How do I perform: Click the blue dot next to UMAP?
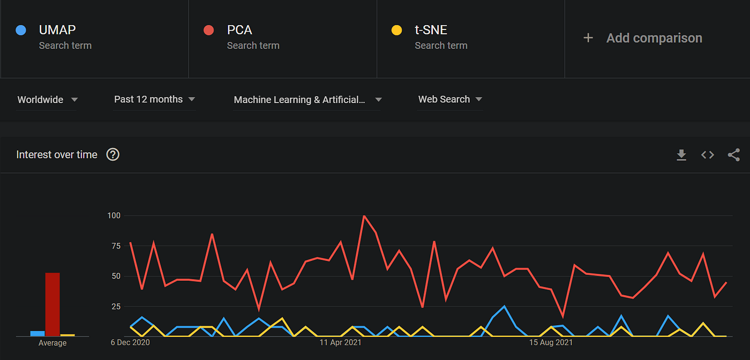(x=21, y=30)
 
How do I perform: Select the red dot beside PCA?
(x=209, y=30)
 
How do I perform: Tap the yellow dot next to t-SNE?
(x=397, y=30)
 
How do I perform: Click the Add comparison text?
(x=654, y=38)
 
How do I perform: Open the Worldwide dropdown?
(x=47, y=100)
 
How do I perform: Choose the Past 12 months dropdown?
(x=154, y=99)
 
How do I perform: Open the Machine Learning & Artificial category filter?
(x=307, y=100)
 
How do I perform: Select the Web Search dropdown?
(x=450, y=99)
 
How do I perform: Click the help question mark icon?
(x=112, y=155)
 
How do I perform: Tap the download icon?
(x=681, y=155)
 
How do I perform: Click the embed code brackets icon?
(x=708, y=155)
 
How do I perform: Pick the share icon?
(x=733, y=155)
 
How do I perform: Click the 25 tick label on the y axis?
(x=115, y=306)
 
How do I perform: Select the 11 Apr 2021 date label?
(x=340, y=342)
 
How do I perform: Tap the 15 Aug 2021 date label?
(x=550, y=342)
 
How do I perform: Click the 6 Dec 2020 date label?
(x=131, y=342)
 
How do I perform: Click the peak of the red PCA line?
(x=364, y=216)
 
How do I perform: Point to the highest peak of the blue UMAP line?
(x=504, y=306)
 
